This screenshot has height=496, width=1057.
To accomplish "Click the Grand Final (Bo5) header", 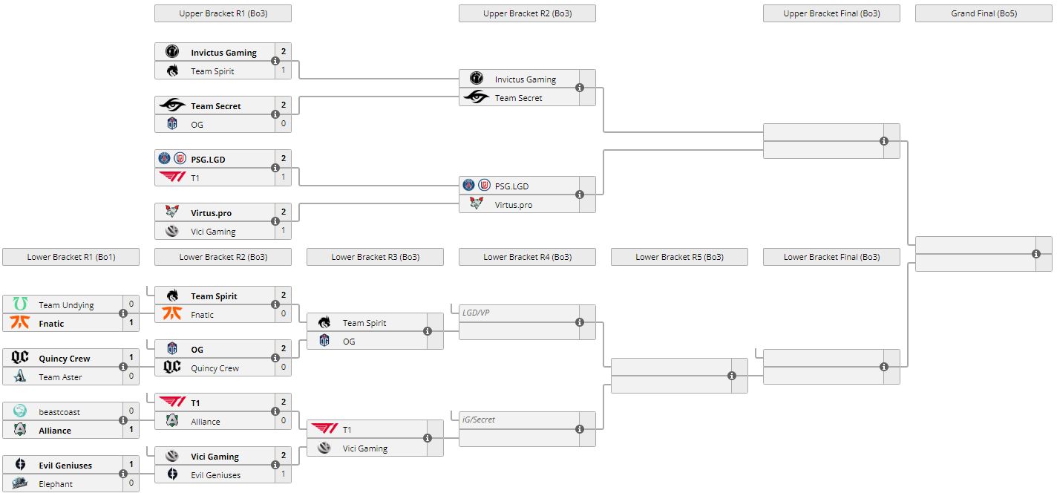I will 984,13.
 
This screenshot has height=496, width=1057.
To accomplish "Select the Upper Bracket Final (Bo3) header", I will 831,13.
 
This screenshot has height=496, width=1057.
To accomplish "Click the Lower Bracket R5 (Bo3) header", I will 679,257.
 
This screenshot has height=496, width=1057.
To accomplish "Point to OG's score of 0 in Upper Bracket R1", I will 283,124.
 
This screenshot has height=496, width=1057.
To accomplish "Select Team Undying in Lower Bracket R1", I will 66,304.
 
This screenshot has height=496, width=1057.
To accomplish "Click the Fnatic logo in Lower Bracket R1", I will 21,323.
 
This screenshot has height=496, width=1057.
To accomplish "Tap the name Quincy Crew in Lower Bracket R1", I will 65,358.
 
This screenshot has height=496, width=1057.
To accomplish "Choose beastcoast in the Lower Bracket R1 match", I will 59,411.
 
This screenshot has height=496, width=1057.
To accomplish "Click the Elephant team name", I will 56,483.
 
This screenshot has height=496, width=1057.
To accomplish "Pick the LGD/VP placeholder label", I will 476,313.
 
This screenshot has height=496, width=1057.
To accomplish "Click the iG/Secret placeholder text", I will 479,420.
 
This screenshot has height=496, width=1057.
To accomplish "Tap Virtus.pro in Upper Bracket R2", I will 514,204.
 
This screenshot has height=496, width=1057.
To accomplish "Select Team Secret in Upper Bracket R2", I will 518,97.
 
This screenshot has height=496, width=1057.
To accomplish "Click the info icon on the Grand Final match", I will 1036,254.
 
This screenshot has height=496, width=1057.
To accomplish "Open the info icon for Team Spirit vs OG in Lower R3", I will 428,332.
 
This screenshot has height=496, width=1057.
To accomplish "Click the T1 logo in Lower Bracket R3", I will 324,429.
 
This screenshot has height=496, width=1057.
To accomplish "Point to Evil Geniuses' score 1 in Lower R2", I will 283,474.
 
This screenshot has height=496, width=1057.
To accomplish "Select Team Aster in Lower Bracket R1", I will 60,376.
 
